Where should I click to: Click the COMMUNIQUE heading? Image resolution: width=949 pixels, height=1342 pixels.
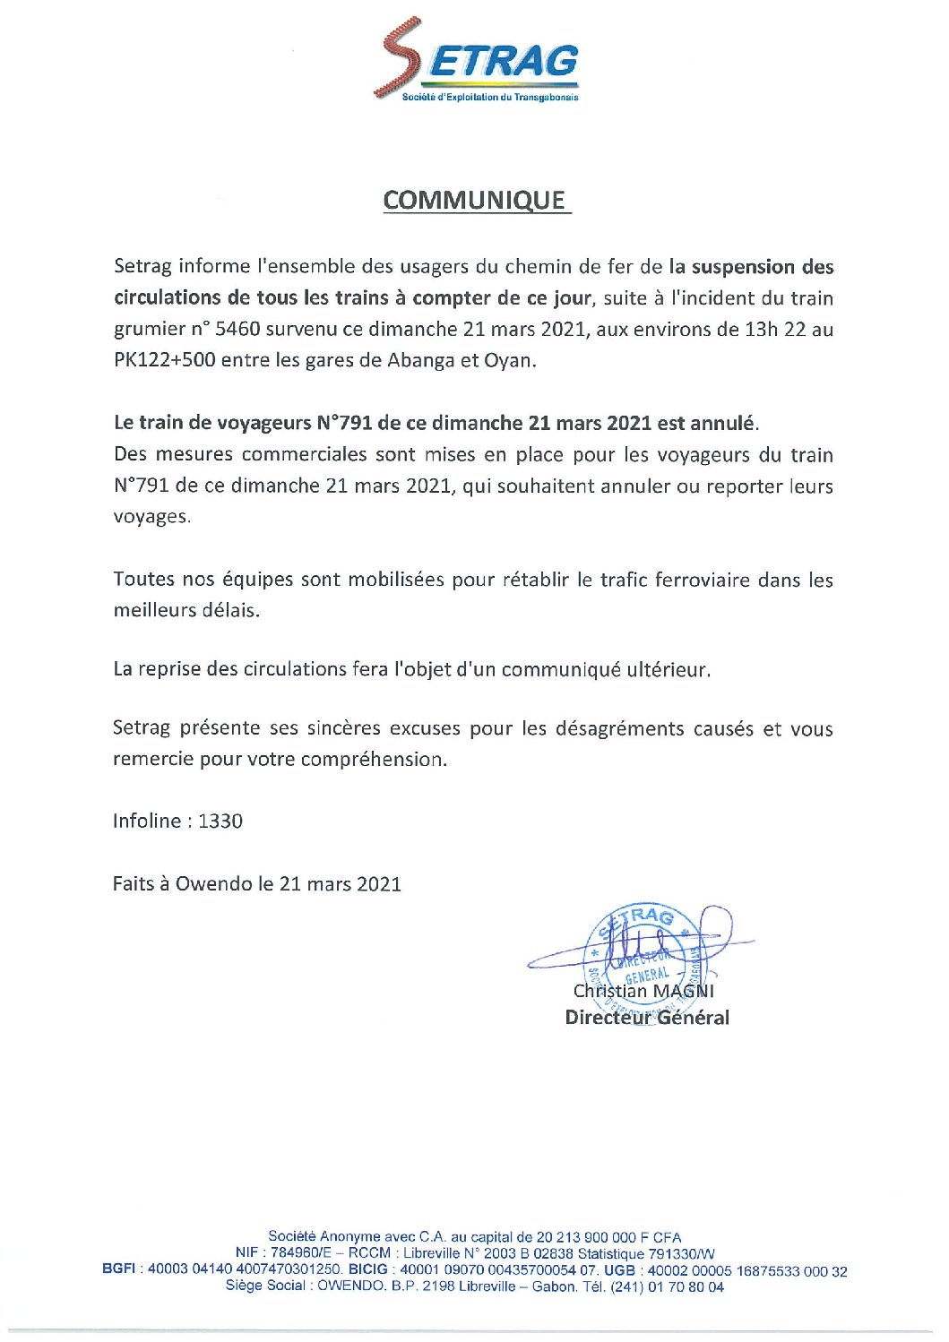point(476,200)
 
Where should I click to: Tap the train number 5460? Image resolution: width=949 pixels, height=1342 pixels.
point(237,330)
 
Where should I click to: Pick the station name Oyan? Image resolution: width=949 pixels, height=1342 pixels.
point(508,361)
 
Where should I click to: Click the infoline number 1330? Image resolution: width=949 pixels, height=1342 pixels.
point(220,822)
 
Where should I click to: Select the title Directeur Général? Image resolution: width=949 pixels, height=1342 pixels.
point(647,1018)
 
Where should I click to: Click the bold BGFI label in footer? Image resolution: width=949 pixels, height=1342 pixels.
point(119,1270)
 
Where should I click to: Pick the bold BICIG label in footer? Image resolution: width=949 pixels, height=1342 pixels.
point(368,1270)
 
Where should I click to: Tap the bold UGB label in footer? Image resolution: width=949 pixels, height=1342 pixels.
point(619,1270)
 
